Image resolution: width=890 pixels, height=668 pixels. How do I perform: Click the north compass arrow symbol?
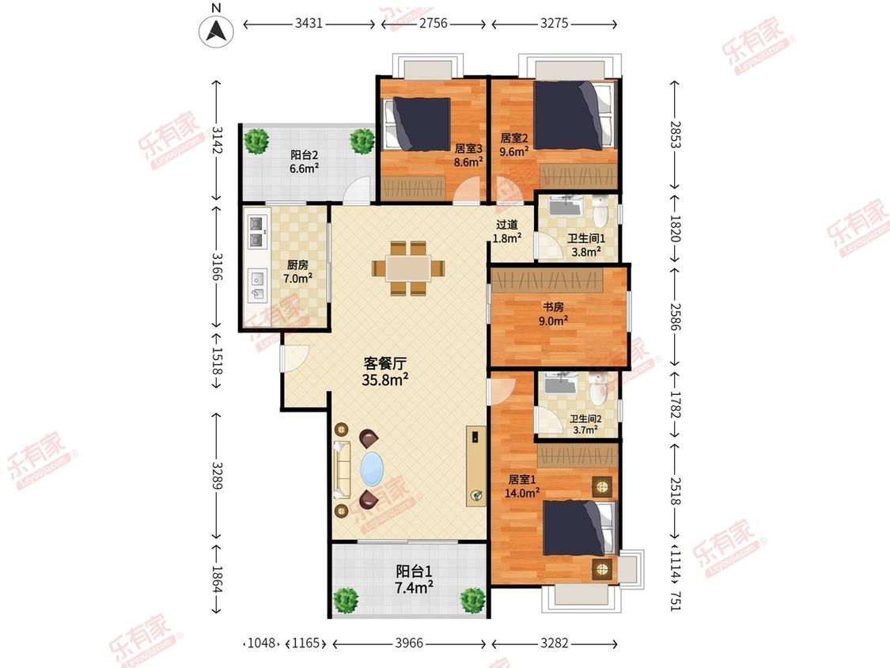pyautogui.click(x=216, y=31)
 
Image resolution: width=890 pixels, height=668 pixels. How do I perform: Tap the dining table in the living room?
pyautogui.click(x=408, y=268)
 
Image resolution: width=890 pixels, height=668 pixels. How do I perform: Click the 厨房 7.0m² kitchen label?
pyautogui.click(x=298, y=271)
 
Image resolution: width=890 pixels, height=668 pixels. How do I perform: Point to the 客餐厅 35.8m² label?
pyautogui.click(x=384, y=372)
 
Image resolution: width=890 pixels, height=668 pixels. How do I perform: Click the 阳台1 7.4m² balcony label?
pyautogui.click(x=414, y=579)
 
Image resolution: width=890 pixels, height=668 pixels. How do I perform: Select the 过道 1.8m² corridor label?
pyautogui.click(x=507, y=231)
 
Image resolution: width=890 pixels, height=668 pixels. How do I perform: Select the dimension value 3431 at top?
pyautogui.click(x=309, y=23)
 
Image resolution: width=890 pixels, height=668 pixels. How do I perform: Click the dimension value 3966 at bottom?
pyautogui.click(x=409, y=643)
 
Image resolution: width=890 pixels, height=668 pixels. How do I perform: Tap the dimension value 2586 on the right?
pyautogui.click(x=674, y=317)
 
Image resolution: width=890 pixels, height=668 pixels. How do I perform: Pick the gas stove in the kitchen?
pyautogui.click(x=257, y=232)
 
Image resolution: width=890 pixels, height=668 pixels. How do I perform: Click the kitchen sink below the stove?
pyautogui.click(x=258, y=286)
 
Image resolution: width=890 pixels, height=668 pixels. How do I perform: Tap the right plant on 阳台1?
pyautogui.click(x=473, y=600)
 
